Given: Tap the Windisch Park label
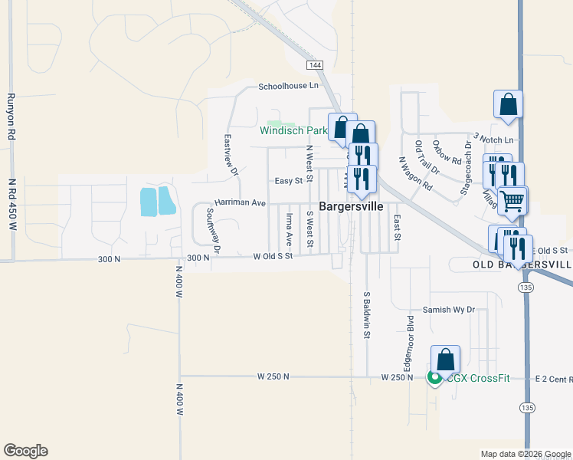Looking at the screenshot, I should [x=293, y=130].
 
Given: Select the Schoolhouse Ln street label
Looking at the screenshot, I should [x=288, y=87].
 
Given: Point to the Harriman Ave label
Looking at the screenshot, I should [x=240, y=203].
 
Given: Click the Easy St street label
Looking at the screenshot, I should [x=289, y=181].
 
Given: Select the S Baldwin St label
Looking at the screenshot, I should [x=367, y=314].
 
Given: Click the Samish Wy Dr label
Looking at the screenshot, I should [x=450, y=310].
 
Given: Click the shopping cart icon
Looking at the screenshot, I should [x=512, y=201].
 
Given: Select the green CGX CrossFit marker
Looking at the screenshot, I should [x=434, y=378].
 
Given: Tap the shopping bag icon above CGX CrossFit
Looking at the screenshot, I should [x=445, y=359].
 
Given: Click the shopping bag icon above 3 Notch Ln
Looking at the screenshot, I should [x=508, y=105].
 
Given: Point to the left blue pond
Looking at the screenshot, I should [x=146, y=201].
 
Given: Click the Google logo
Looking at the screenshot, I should [x=25, y=451].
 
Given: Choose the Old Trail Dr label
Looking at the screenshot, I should [x=425, y=156].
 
